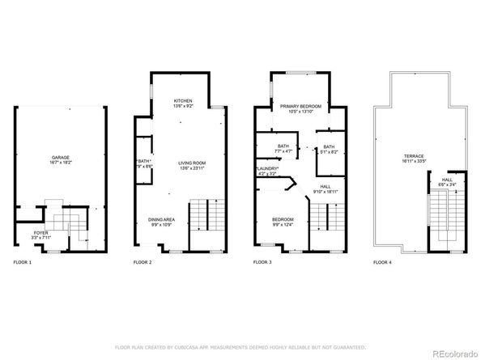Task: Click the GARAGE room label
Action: (60, 157)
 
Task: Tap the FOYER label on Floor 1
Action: (40, 232)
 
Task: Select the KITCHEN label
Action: (182, 100)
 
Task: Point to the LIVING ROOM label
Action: (192, 163)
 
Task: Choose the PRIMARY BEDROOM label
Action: (300, 106)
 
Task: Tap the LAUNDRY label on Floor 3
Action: (267, 168)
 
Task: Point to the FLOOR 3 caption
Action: (262, 263)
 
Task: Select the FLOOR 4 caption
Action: (382, 263)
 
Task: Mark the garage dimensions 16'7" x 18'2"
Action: (60, 163)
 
